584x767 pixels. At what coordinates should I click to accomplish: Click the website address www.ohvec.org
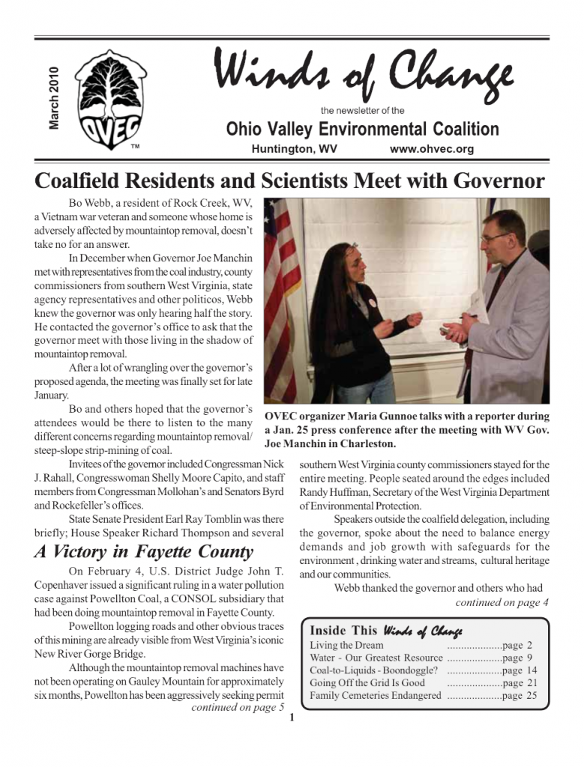coord(432,149)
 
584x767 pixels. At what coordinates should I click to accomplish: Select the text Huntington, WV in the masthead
coord(294,149)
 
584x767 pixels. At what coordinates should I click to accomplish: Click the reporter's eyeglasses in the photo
coord(495,237)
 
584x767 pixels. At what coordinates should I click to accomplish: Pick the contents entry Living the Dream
coord(346,645)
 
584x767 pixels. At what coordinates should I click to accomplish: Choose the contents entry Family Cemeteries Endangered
coord(375,696)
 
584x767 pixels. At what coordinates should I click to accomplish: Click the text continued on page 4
coord(502,602)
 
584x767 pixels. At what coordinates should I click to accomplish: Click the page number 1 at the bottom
coord(291,721)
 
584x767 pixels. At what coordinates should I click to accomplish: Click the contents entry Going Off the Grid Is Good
coord(367,683)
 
